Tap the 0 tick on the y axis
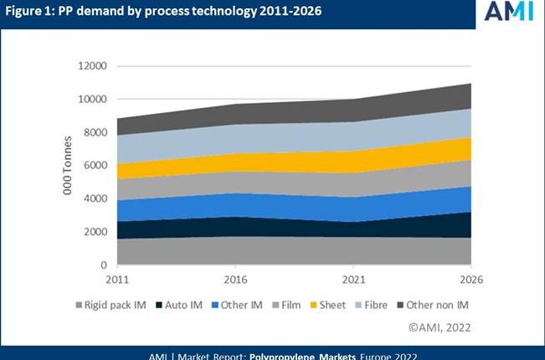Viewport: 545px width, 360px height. pos(104,265)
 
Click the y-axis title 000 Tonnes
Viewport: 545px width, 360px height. pos(68,166)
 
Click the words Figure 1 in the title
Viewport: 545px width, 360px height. pos(33,12)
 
